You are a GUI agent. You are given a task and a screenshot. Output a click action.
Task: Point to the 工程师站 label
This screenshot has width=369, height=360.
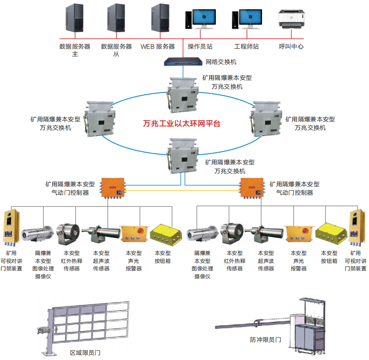pos(246,46)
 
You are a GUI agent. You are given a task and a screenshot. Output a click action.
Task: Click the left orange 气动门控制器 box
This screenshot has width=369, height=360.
pos(114,187)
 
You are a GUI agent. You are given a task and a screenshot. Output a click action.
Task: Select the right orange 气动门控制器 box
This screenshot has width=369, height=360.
pos(252,187)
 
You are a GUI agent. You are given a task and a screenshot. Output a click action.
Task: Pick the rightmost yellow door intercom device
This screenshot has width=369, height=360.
pos(356,227)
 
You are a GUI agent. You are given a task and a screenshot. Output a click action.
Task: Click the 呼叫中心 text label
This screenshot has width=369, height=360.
pos(291,46)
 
